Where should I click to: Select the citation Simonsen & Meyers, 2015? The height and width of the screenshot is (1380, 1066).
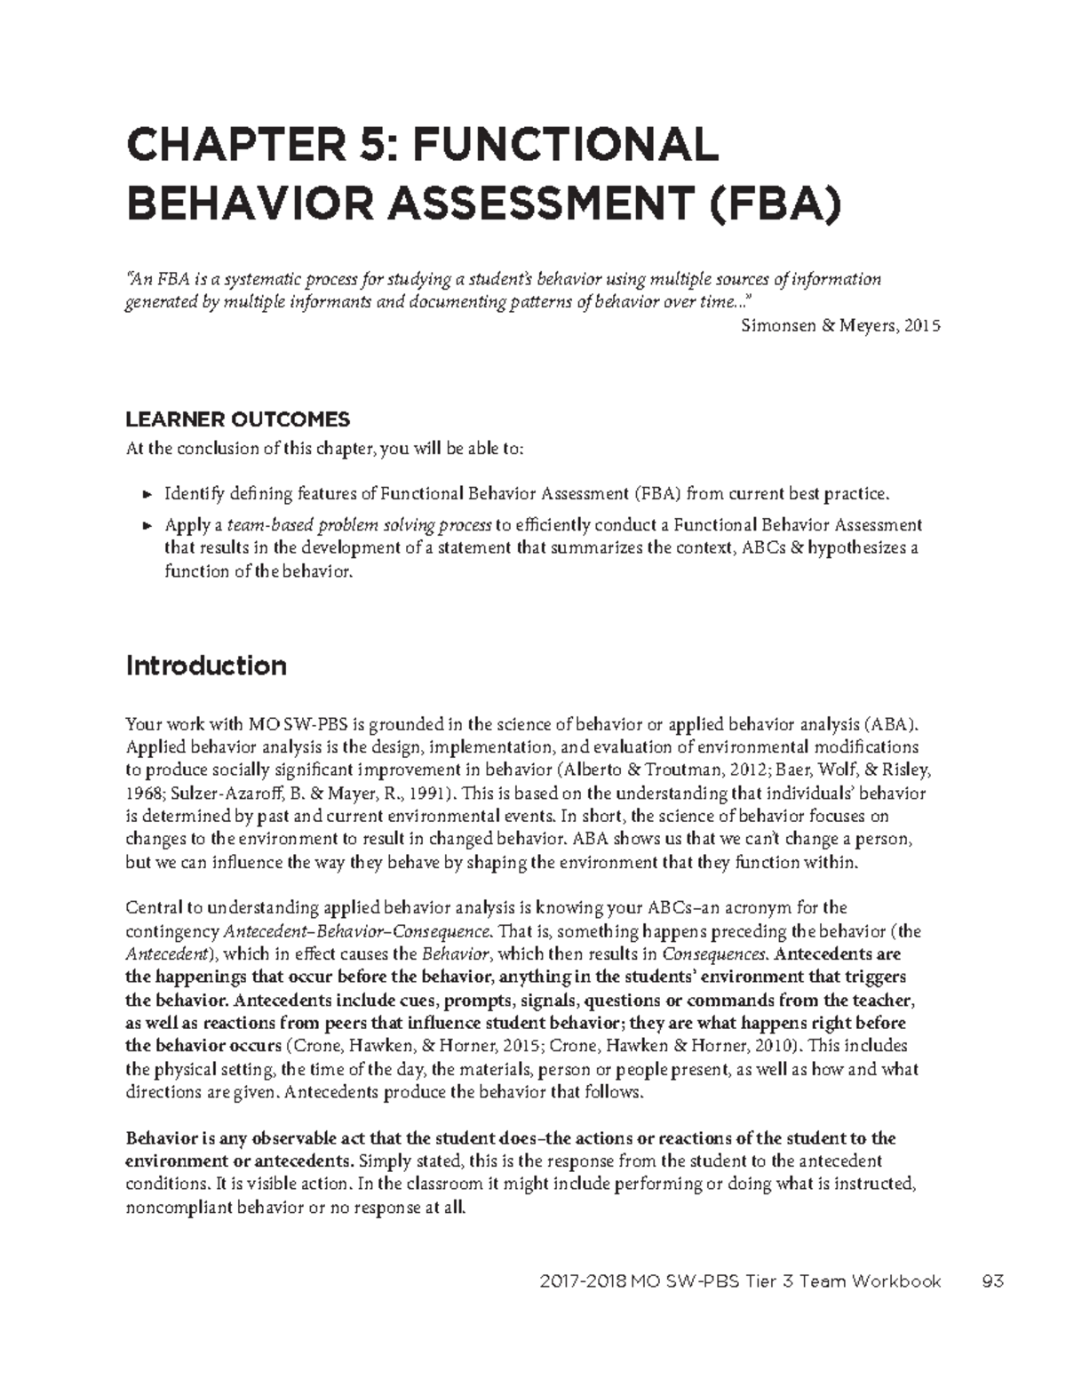coord(839,326)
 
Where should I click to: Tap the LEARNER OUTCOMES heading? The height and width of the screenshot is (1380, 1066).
coord(238,419)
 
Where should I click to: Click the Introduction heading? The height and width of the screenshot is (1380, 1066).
coord(206,666)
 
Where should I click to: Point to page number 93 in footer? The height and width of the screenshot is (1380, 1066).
coord(992,1281)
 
